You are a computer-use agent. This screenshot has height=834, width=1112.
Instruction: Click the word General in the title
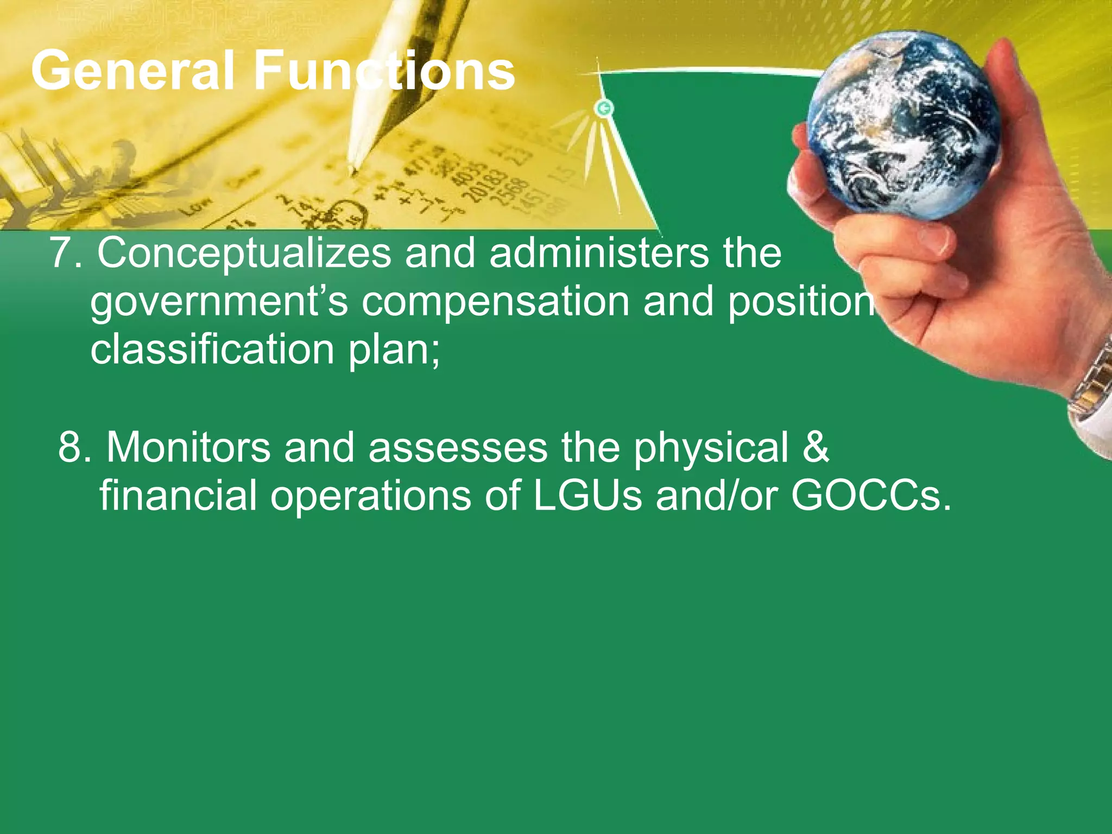click(x=133, y=71)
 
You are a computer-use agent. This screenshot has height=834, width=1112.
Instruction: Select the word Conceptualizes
click(x=244, y=254)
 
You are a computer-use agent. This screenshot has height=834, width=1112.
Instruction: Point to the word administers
click(x=599, y=254)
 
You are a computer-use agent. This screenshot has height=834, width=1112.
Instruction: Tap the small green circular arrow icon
click(x=604, y=108)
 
